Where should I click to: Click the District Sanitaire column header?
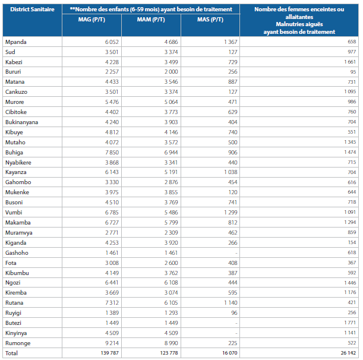(32, 10)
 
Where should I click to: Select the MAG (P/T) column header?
(91, 20)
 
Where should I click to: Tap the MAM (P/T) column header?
(151, 20)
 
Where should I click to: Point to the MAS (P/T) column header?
(210, 20)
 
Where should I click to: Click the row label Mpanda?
(15, 42)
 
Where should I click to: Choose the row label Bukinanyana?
(21, 122)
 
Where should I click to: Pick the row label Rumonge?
(18, 343)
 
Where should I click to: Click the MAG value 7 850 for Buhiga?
(112, 152)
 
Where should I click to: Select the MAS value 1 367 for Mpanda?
(231, 42)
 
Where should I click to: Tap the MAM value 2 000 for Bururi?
(171, 72)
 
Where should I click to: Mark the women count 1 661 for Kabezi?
(350, 62)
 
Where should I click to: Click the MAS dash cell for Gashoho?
(236, 253)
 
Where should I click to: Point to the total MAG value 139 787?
(109, 353)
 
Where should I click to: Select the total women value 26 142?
(348, 353)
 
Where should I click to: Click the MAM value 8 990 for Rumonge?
(171, 343)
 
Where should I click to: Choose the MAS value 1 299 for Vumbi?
(231, 212)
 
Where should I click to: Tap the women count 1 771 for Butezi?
(350, 323)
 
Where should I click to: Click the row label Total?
(11, 353)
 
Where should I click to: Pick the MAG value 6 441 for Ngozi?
(112, 283)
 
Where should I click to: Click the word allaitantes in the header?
(299, 17)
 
